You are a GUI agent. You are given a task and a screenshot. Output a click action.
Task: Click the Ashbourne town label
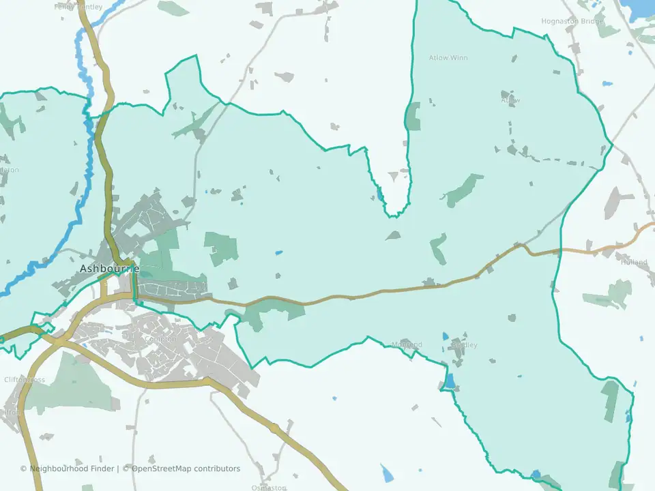click(109, 269)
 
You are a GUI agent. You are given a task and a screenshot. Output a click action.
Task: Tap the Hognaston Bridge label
click(572, 21)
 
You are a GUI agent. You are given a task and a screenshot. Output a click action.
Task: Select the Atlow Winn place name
click(448, 58)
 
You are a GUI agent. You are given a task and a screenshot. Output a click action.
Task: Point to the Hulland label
click(634, 262)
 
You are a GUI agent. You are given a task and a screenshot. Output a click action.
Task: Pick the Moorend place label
click(407, 345)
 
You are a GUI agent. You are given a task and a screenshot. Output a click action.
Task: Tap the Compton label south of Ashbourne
click(162, 339)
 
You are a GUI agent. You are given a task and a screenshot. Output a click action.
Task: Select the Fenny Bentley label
click(78, 7)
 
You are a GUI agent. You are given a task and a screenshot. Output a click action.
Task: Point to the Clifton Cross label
click(25, 380)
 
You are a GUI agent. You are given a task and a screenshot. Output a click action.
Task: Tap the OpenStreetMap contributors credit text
click(186, 468)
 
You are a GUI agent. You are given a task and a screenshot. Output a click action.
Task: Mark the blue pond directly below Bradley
click(450, 380)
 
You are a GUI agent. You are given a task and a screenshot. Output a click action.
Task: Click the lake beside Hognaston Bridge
click(641, 8)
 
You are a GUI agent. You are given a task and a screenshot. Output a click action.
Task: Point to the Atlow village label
click(510, 100)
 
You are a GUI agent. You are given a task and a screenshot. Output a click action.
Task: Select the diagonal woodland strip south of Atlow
click(464, 189)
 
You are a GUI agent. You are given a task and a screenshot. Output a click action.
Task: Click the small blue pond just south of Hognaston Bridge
click(607, 84)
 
